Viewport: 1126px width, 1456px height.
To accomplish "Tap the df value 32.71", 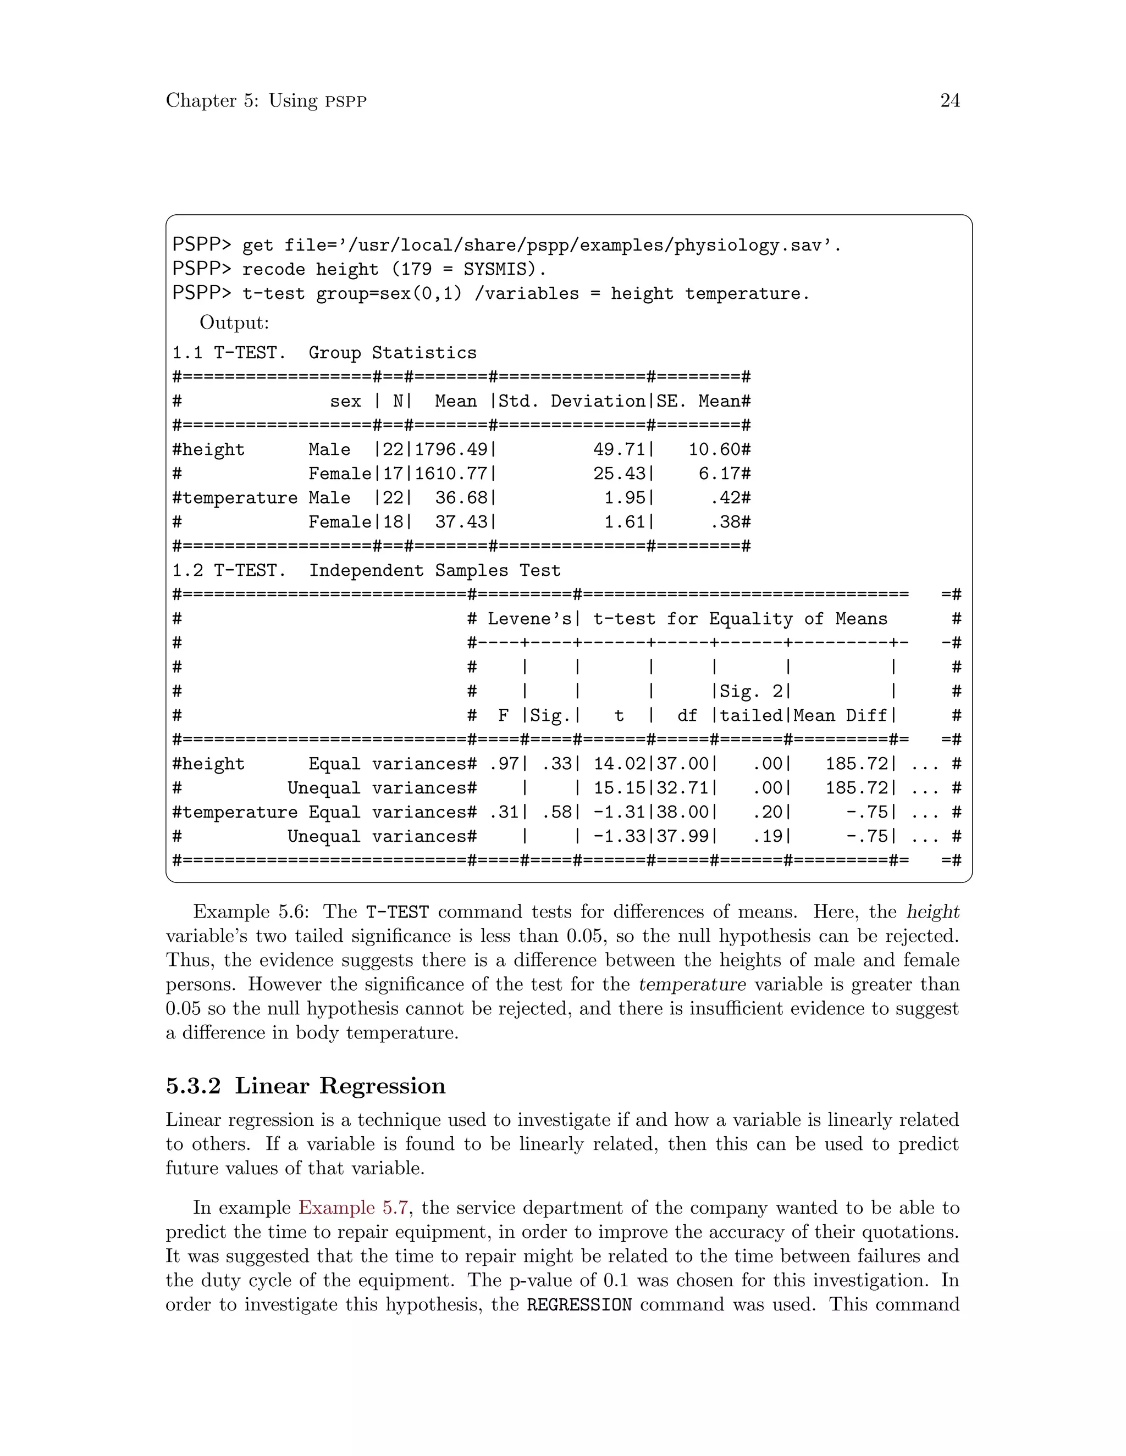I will (682, 788).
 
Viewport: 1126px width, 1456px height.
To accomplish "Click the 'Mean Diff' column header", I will (840, 716).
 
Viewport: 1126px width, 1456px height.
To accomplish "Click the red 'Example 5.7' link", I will (354, 1208).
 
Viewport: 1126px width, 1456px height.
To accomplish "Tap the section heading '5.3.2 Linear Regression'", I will (306, 1086).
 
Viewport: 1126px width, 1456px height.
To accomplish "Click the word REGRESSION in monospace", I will (578, 1305).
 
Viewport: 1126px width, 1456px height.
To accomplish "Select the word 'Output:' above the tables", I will (234, 323).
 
